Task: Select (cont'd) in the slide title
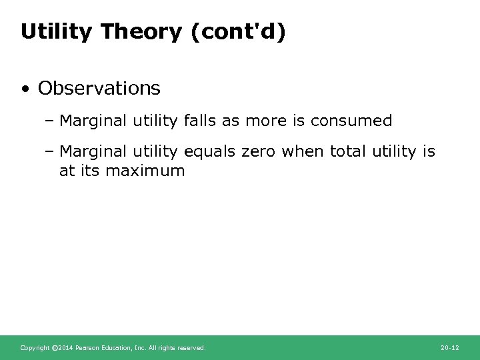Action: click(238, 31)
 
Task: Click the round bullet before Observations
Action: click(25, 88)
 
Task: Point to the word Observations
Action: click(99, 87)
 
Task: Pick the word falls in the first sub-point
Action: click(198, 121)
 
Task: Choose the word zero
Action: click(257, 152)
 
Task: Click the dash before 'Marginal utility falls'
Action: click(51, 121)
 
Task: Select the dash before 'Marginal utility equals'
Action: click(51, 152)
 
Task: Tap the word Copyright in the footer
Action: click(35, 347)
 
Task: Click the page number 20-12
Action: click(450, 347)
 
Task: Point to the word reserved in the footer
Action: click(191, 347)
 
